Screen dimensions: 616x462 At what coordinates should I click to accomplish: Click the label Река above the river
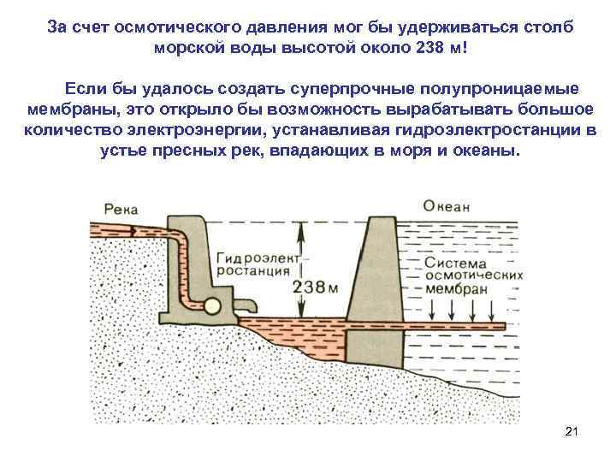pyautogui.click(x=121, y=209)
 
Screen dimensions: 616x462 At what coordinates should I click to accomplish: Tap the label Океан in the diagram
pyautogui.click(x=446, y=207)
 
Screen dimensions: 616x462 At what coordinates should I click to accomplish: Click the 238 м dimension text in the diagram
pyautogui.click(x=316, y=288)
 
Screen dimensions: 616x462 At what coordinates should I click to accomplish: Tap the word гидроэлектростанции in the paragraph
pyautogui.click(x=483, y=131)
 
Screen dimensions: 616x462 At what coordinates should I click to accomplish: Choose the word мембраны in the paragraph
pyautogui.click(x=62, y=110)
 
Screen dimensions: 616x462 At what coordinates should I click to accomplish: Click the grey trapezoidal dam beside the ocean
pyautogui.click(x=373, y=282)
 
